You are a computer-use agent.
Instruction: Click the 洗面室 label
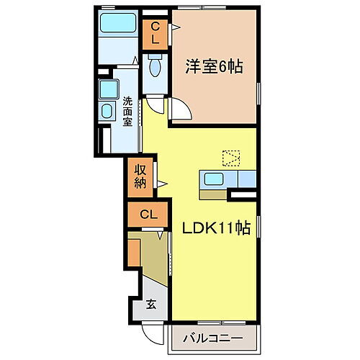(x=127, y=112)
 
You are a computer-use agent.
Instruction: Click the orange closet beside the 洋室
(x=154, y=32)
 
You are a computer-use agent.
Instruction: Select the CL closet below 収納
(x=148, y=214)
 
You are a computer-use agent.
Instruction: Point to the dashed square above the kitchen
(x=231, y=157)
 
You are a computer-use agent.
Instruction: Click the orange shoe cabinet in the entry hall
(x=135, y=252)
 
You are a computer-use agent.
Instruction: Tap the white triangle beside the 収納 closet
(x=165, y=185)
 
